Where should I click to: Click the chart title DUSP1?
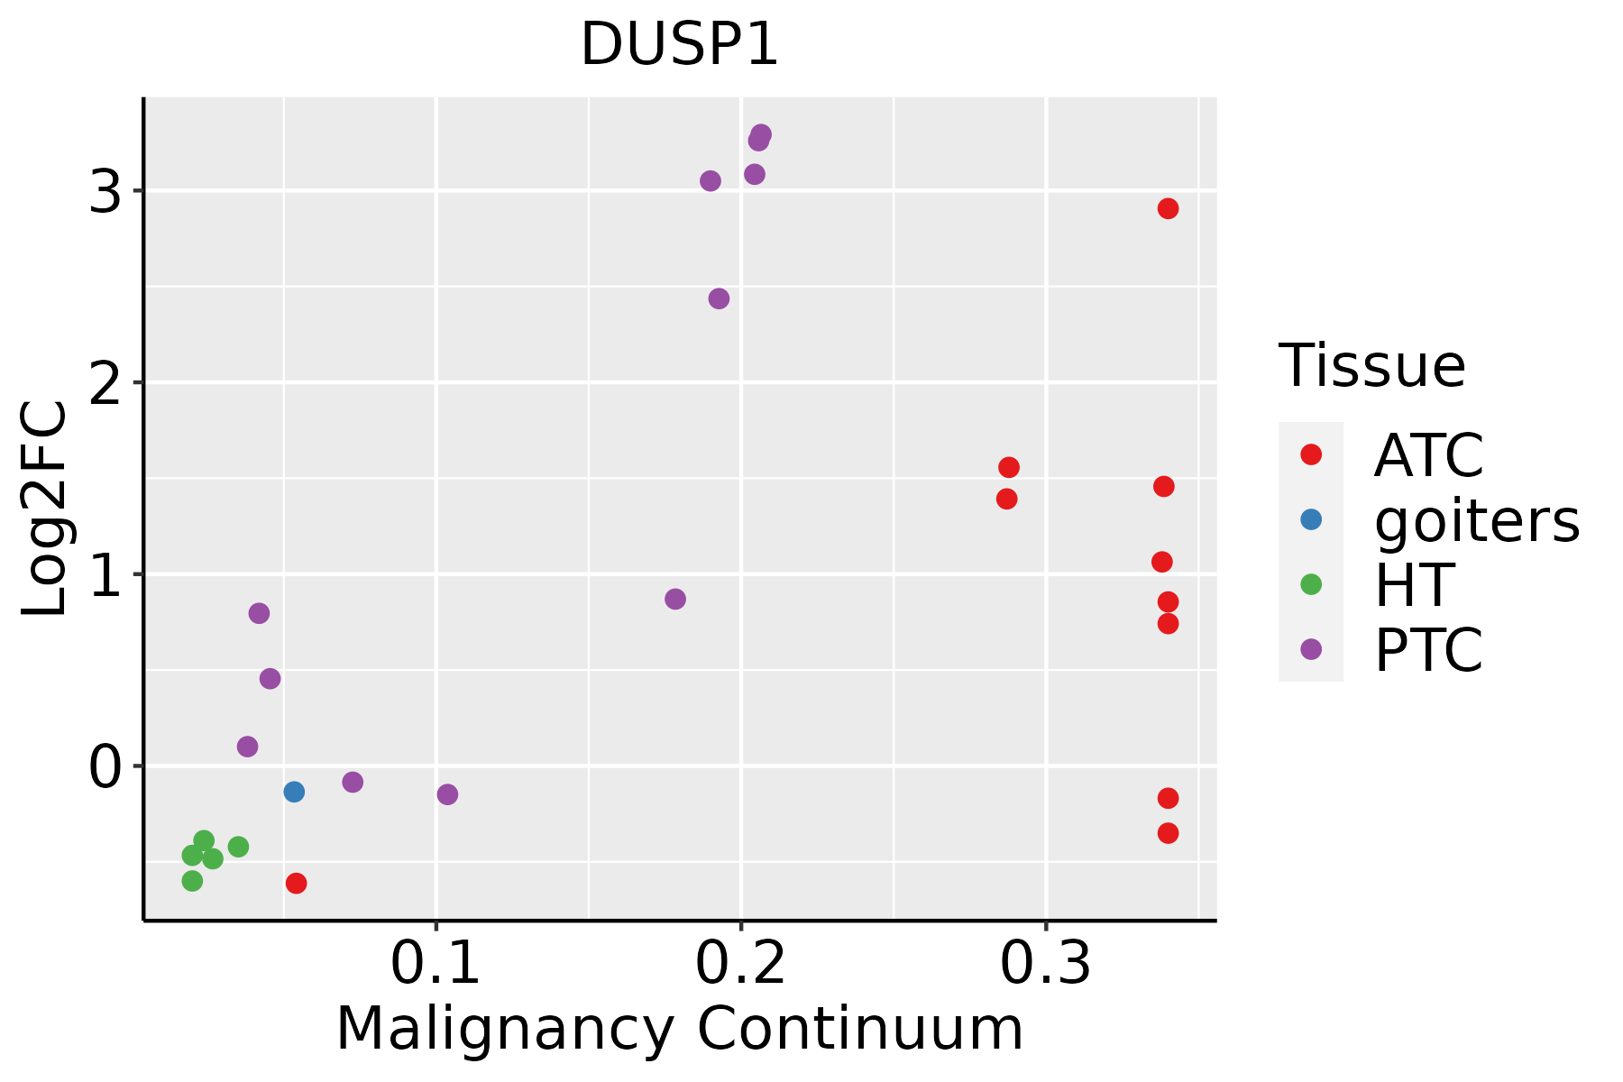(679, 45)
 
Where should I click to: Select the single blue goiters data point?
(294, 792)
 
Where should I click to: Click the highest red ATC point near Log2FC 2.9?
(1168, 209)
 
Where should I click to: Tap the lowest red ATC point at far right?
(1168, 833)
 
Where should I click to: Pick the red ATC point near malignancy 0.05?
(296, 883)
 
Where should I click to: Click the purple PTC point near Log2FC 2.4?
(719, 298)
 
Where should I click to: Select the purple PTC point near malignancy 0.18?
(675, 599)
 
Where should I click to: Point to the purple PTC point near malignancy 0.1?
(447, 794)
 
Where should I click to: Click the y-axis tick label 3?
(105, 191)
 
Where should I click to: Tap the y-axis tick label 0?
(105, 767)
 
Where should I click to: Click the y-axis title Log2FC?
(45, 509)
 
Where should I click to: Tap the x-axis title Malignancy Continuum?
(679, 1029)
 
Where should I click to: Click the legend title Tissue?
(1372, 366)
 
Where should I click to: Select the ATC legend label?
(1428, 455)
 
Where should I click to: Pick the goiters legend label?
(1477, 520)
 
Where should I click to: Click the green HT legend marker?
(1311, 584)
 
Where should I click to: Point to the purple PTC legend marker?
(1311, 649)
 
